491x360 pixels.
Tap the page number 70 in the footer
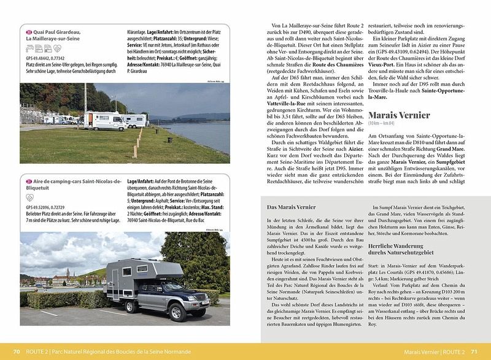[x=17, y=351]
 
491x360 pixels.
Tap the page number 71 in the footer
[x=474, y=351]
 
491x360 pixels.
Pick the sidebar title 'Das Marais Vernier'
[x=287, y=207]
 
